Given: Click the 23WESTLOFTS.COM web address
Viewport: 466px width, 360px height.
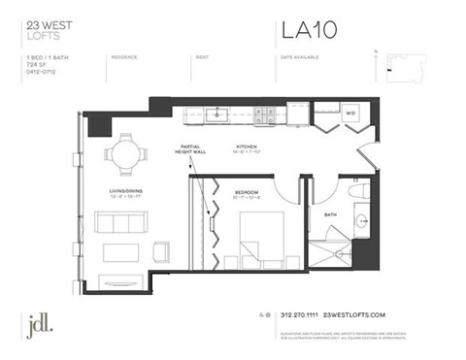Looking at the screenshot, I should pyautogui.click(x=354, y=315).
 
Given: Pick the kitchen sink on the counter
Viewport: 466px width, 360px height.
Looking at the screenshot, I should pyautogui.click(x=219, y=114).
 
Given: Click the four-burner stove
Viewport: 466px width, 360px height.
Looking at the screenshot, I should pyautogui.click(x=263, y=115).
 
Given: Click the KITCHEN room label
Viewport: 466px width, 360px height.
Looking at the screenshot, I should pyautogui.click(x=246, y=147).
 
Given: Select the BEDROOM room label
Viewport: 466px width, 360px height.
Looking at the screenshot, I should pyautogui.click(x=248, y=192).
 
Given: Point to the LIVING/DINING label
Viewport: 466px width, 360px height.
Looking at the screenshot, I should pyautogui.click(x=126, y=191).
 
